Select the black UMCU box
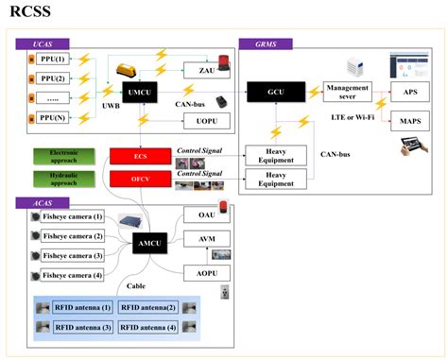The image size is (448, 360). click(x=142, y=94)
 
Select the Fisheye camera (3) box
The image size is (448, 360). click(x=74, y=255)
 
